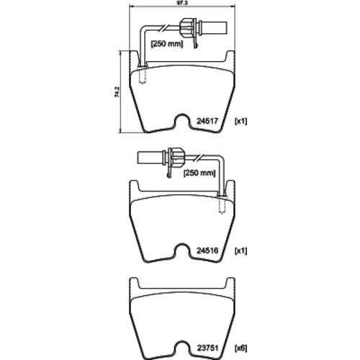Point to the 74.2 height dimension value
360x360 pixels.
coord(117,92)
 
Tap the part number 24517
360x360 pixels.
coord(207,121)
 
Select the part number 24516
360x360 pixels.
coord(207,251)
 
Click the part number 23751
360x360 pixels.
coord(207,348)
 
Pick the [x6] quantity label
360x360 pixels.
coord(240,348)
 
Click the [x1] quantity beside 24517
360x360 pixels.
coord(240,121)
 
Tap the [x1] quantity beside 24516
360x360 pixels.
coord(240,251)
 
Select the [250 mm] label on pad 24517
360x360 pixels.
coord(167,44)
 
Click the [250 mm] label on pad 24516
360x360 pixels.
coord(199,173)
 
